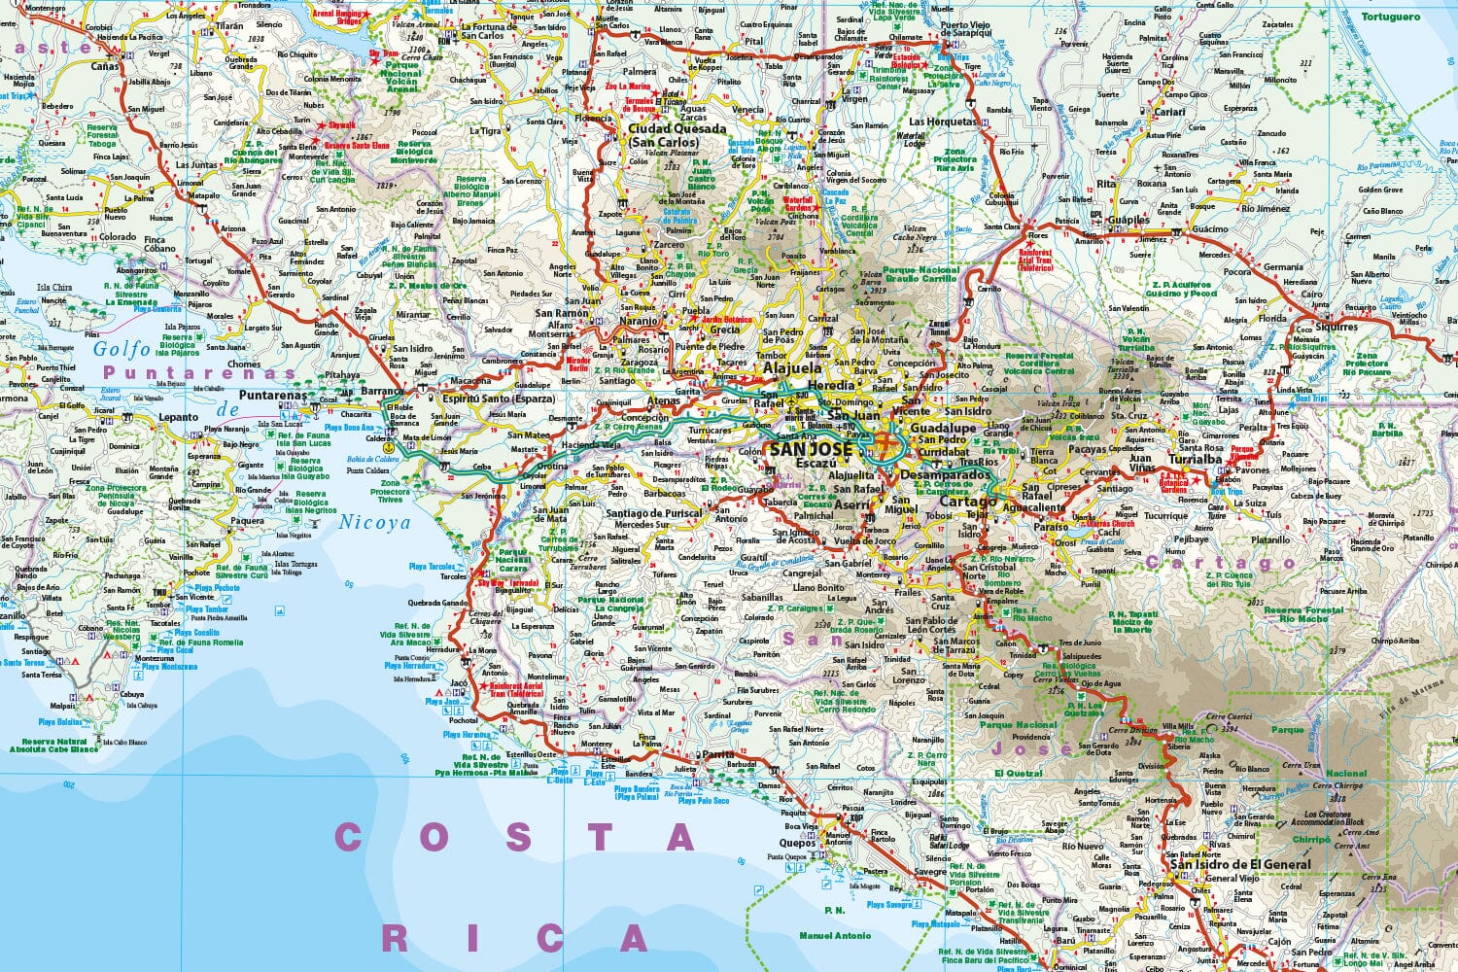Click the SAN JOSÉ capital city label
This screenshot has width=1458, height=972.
[x=809, y=449]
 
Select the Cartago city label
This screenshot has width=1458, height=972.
[x=970, y=502]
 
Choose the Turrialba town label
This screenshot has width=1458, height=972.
[x=1195, y=459]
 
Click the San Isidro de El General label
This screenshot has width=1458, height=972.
[x=1239, y=863]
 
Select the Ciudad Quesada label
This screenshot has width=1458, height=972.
[x=677, y=128]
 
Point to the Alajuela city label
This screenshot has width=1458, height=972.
[x=792, y=368]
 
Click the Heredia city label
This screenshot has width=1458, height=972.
[x=831, y=386]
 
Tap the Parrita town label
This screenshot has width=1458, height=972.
[x=718, y=753]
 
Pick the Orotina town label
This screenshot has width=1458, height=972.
[x=552, y=466]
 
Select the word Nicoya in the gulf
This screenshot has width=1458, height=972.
[x=374, y=522]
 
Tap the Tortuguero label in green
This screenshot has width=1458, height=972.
[x=1390, y=17]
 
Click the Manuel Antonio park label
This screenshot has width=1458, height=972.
[x=834, y=935]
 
